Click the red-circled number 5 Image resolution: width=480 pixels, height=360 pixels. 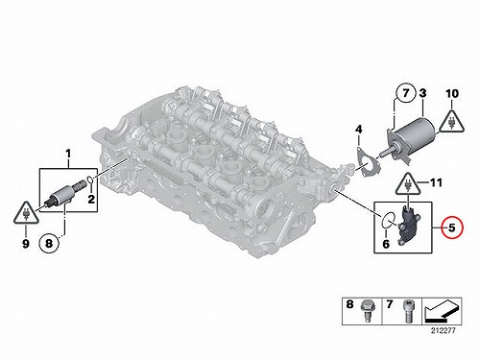pos(451,228)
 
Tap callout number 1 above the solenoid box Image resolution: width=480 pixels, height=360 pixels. pos(68,155)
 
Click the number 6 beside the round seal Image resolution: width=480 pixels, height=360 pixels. pos(386,244)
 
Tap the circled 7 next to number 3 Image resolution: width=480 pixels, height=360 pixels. pos(406,93)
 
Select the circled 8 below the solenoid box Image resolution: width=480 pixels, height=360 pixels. pos(49,244)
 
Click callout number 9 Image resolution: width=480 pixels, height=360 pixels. pos(26,244)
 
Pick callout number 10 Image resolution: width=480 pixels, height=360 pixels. pos(452,94)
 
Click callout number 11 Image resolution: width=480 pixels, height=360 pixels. pos(436,182)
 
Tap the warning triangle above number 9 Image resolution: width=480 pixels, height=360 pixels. pos(26,213)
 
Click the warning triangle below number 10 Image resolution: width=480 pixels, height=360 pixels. pos(451,122)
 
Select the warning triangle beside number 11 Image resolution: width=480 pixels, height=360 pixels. pos(408,184)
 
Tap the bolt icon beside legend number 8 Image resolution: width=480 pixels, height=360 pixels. pos(365,310)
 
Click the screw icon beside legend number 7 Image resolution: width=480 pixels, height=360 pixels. pos(408,311)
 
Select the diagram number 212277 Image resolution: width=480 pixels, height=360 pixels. pos(443,331)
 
